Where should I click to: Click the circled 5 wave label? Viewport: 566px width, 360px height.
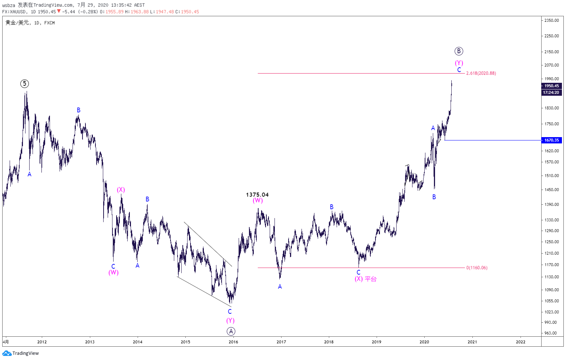24,84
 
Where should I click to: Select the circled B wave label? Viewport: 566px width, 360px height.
459,51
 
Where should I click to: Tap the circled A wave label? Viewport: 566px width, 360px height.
231,331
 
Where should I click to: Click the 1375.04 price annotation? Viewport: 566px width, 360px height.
257,195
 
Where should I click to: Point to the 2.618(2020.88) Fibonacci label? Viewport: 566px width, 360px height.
481,73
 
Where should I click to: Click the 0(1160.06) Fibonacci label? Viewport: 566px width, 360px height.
477,268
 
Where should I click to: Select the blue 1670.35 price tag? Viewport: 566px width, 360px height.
552,140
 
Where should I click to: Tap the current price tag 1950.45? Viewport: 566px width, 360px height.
552,86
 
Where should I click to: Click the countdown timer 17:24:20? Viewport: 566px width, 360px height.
552,92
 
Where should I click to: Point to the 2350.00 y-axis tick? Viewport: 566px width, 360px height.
552,20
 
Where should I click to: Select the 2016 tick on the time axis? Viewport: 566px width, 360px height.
233,342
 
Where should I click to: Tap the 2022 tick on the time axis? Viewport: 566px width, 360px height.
520,342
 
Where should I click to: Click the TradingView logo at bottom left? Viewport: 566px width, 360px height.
20,353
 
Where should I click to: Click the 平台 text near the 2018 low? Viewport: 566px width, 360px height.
371,279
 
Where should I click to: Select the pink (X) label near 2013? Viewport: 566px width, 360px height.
121,190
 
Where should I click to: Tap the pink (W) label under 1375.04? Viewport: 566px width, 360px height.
258,200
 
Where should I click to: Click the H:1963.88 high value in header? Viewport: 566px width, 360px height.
137,12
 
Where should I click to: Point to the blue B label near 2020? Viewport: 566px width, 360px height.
434,197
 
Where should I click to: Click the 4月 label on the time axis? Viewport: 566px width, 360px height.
6,342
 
